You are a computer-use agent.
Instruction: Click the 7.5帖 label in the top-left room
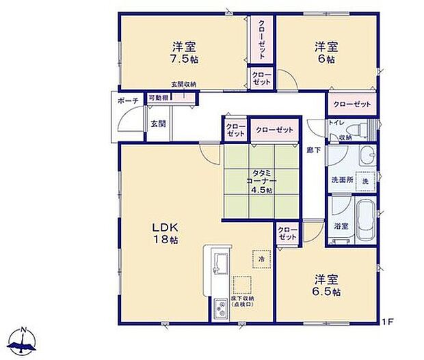coord(184,60)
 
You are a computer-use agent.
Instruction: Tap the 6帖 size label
coord(326,60)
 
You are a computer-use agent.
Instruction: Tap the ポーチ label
coord(128,101)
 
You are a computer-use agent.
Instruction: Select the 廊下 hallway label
coord(313,150)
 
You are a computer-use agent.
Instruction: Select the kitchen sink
coord(220,262)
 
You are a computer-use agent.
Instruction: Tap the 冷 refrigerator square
coord(260,259)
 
